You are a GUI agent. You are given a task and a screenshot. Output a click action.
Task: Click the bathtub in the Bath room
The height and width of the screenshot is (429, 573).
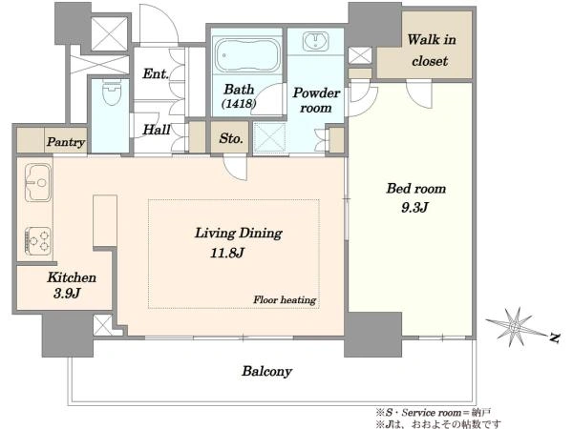[247, 55]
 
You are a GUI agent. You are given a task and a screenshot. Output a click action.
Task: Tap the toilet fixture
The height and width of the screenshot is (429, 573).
[112, 92]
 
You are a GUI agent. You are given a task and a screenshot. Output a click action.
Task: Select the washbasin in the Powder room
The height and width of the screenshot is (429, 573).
[316, 42]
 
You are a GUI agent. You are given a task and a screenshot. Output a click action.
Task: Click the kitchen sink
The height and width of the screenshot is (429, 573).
[38, 182]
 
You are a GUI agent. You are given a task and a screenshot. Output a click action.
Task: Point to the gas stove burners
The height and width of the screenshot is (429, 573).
[38, 241]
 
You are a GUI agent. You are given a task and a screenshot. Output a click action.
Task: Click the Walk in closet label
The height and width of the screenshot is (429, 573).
[431, 50]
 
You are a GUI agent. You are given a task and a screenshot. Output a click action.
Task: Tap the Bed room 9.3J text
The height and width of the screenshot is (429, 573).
[415, 198]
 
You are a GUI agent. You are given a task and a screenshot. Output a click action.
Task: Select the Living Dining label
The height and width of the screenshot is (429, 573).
[238, 234]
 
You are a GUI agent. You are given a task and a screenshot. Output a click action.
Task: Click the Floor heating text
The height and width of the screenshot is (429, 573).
[285, 300]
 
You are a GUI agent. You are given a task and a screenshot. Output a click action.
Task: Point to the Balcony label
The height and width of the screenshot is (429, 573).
[266, 372]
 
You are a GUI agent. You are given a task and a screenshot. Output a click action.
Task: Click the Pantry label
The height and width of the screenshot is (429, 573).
[66, 142]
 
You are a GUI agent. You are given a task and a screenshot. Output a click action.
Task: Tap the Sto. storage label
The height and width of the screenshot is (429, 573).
[231, 138]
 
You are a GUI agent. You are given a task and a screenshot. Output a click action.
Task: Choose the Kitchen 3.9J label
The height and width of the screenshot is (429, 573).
[72, 285]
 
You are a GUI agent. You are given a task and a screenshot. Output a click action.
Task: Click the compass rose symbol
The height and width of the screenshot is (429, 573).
[514, 326]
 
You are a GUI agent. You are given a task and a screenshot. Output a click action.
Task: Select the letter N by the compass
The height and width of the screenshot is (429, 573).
[555, 337]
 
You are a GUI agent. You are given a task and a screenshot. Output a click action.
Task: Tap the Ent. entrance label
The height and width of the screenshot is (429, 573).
[156, 73]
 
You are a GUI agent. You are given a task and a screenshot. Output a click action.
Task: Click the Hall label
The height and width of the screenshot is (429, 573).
[157, 130]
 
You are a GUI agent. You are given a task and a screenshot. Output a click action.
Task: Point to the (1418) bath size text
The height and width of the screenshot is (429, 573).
[239, 104]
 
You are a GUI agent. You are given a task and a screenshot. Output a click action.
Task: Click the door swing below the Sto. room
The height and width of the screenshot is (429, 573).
[236, 168]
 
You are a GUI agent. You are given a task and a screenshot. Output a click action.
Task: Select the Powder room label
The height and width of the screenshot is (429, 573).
[316, 100]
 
